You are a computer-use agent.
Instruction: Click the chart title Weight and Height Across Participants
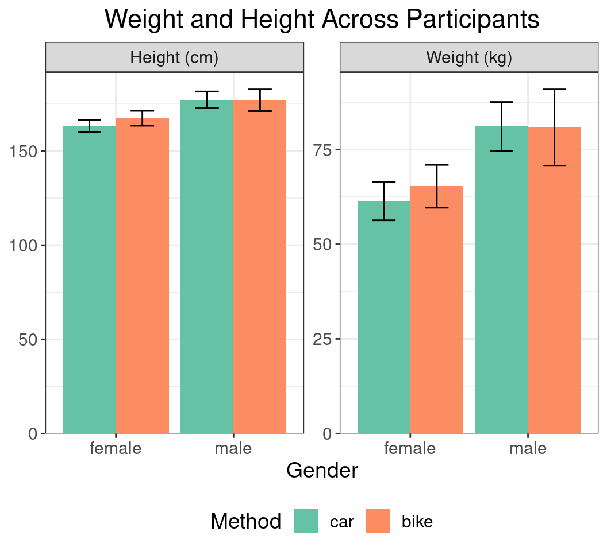[x=322, y=20]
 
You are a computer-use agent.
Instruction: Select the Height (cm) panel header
[x=174, y=57]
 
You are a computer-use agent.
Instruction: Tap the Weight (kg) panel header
[x=469, y=57]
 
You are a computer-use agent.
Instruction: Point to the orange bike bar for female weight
[x=437, y=310]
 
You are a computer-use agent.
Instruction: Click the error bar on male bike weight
[x=555, y=127]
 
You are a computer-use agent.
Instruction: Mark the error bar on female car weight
[x=383, y=201]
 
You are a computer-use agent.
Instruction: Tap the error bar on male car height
[x=207, y=100]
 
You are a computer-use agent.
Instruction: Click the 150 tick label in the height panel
[x=24, y=152]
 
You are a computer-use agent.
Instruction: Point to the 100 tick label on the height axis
[x=24, y=246]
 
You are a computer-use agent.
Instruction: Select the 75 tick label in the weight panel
[x=323, y=150]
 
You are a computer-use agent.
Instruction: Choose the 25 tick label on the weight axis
[x=323, y=339]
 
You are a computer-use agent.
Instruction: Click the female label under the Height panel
[x=116, y=448]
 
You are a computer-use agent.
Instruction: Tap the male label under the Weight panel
[x=528, y=448]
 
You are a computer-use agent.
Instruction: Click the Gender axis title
[x=322, y=471]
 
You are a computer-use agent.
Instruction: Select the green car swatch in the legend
[x=306, y=521]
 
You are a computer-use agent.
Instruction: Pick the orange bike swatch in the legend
[x=378, y=521]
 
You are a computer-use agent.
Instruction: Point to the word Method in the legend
[x=246, y=521]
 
